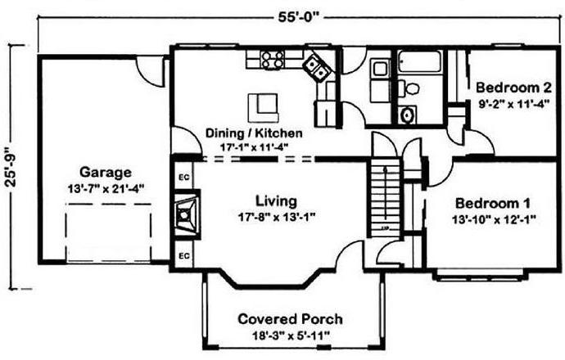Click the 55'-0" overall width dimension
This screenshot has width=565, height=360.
299,17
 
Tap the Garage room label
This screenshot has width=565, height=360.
105,172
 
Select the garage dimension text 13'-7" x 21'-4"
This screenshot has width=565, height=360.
106,188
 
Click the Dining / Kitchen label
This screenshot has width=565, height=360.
254,133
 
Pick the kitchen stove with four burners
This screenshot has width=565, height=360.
273,60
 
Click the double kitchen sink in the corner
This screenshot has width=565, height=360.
316,68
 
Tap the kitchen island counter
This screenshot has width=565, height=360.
263,108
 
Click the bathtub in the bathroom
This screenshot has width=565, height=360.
419,61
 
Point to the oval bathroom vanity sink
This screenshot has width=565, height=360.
407,115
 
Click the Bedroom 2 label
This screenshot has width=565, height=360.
513,88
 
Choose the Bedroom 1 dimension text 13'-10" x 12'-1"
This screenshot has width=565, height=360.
494,219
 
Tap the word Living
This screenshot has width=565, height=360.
277,201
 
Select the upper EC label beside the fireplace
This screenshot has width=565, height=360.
184,177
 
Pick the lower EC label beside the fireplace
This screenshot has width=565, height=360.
184,256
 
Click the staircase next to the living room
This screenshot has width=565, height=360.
385,198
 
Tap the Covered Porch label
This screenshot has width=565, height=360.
290,319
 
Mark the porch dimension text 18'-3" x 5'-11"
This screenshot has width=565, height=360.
291,335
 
